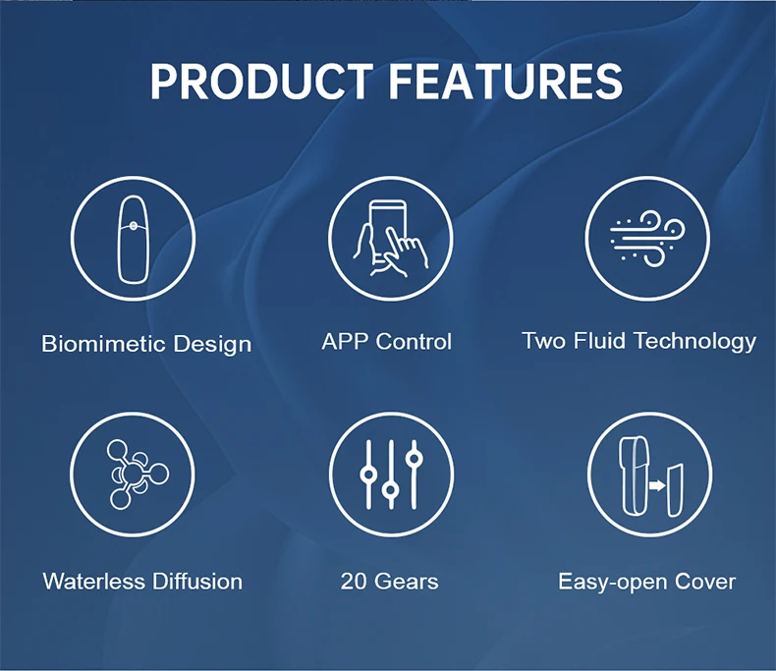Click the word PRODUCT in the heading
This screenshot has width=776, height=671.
262,81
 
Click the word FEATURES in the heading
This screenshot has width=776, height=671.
506,81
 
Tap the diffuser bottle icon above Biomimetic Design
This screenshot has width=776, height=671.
134,239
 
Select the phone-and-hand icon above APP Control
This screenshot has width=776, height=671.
391,239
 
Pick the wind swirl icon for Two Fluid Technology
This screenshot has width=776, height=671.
647,239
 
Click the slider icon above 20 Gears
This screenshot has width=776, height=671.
391,475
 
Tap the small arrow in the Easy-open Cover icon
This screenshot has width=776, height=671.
657,486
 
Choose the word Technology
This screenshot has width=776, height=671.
695,342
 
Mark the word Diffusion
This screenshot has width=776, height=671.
197,581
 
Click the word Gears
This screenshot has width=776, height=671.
407,581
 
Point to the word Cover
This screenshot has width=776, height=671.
704,582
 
